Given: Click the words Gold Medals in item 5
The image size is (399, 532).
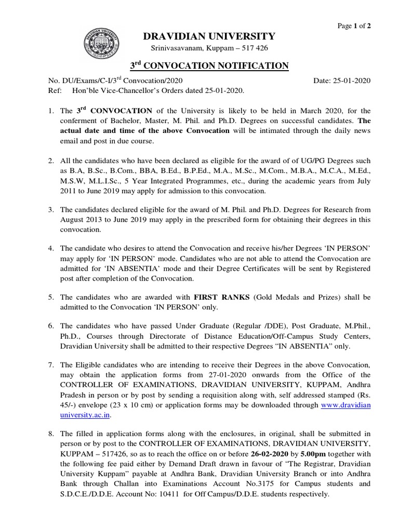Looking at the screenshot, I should pyautogui.click(x=277, y=297).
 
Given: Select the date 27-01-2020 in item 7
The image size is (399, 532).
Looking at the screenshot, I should pyautogui.click(x=209, y=375).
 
